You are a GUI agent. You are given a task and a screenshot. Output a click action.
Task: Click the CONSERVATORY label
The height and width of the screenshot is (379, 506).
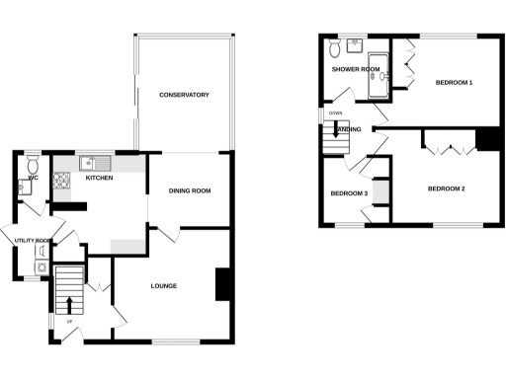(x=184, y=95)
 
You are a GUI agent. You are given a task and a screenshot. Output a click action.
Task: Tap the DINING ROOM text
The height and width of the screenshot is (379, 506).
(x=190, y=190)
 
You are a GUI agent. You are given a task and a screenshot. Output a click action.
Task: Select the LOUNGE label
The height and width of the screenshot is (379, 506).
(x=163, y=286)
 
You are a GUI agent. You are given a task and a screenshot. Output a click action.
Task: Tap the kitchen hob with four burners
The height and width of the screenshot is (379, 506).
(x=61, y=181)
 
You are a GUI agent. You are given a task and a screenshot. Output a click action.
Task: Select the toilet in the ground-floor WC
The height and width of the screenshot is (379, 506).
(x=33, y=167)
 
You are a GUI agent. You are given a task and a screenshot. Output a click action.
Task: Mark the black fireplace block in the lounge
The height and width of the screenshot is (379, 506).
(x=221, y=284)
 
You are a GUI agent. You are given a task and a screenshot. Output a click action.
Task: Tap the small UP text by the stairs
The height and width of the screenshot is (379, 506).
(x=69, y=322)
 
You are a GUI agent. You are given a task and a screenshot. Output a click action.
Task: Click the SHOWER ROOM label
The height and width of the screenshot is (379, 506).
(x=356, y=70)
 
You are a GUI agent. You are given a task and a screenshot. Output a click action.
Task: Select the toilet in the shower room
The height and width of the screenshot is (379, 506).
(x=336, y=46)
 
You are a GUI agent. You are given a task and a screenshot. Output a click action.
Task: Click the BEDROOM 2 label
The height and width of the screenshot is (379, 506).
(x=446, y=188)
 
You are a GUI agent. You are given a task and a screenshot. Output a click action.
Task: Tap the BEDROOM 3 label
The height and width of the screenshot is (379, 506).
(x=349, y=193)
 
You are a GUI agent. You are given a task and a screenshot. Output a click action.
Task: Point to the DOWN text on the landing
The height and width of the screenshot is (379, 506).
(x=335, y=114)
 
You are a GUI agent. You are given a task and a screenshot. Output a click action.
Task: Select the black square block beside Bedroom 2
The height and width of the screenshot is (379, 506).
(x=487, y=139)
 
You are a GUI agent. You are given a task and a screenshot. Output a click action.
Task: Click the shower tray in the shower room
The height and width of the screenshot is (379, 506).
(x=378, y=87)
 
